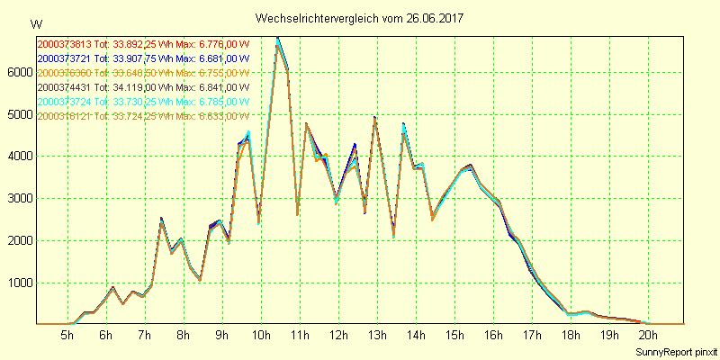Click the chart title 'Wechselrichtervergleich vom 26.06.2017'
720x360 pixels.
tap(359, 18)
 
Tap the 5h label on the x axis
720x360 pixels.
tap(67, 336)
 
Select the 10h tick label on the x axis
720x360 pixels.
tap(260, 336)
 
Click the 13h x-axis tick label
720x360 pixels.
tap(376, 336)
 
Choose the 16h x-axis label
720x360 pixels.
tap(492, 336)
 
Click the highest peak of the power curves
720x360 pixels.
tap(277, 38)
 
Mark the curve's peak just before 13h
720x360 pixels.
tap(374, 118)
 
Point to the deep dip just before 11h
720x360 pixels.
tap(297, 213)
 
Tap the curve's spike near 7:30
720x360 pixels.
tap(161, 219)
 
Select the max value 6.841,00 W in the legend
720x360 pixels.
tap(222, 87)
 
